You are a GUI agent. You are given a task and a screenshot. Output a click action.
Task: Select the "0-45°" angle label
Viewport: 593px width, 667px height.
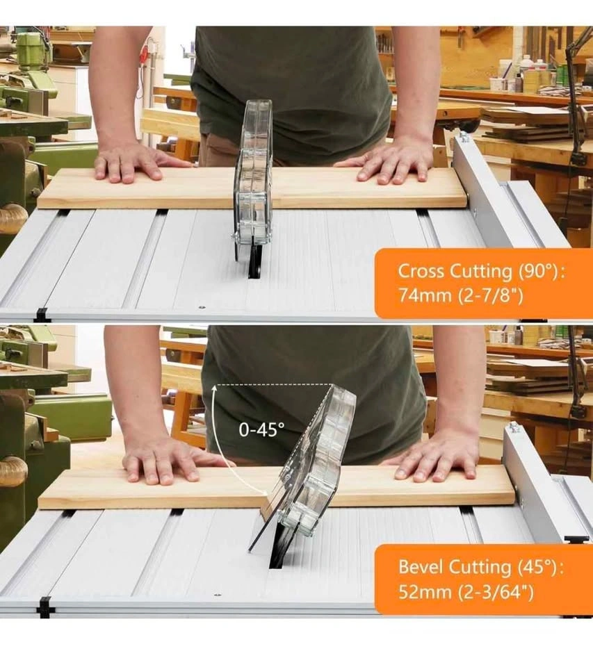(x=261, y=430)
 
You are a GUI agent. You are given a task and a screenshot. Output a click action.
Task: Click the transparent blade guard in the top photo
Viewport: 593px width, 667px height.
(x=253, y=174)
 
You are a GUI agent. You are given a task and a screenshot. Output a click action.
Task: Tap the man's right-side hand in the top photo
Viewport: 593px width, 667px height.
(x=391, y=164)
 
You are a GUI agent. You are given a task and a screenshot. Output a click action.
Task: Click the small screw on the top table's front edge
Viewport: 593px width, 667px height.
(x=202, y=307)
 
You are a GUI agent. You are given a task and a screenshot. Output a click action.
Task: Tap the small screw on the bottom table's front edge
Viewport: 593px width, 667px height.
(x=218, y=595)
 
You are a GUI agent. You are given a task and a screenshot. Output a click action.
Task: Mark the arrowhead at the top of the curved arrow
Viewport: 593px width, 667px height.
(x=216, y=386)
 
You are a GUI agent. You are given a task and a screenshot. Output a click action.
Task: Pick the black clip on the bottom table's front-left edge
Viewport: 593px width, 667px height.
(x=46, y=607)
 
